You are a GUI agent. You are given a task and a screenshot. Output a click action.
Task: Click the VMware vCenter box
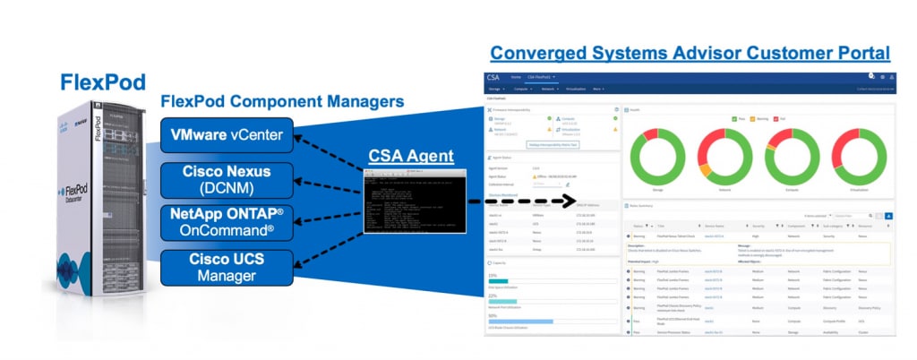tap(227, 135)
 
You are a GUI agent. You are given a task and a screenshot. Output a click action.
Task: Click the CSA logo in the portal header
tap(493, 78)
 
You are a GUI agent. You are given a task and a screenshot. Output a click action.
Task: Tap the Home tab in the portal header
tap(515, 78)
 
